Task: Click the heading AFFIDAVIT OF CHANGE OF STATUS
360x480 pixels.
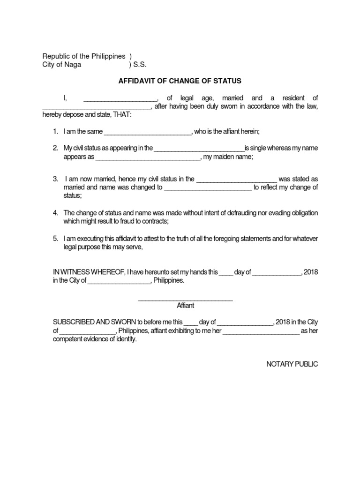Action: pos(180,81)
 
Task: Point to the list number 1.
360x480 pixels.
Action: pos(55,132)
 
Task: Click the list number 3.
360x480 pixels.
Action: pos(55,179)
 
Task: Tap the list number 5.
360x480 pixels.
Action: pos(55,239)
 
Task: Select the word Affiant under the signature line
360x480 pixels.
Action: pos(185,306)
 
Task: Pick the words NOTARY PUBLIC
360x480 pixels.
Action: pos(292,364)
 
